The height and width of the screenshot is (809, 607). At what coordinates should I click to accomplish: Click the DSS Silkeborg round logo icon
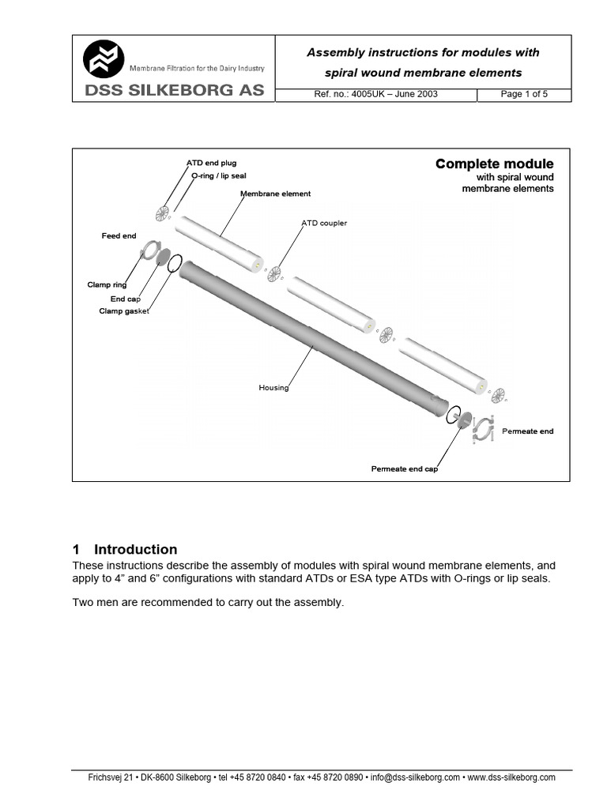point(104,58)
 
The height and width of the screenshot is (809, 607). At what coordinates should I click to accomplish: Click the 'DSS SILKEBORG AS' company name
point(175,90)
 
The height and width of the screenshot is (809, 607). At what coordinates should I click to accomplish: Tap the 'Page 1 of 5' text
point(524,94)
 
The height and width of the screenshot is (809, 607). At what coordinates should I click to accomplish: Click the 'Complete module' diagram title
point(494,164)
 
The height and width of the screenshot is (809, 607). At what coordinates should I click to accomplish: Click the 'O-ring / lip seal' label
point(219,175)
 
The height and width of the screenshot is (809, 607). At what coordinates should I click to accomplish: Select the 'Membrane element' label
point(275,194)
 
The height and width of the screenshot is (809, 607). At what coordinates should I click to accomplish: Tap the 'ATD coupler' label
point(324,223)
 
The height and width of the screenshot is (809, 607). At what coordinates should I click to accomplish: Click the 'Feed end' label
point(119,235)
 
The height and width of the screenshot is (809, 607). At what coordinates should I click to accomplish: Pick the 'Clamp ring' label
point(107,284)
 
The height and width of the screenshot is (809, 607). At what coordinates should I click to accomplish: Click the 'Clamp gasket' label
point(124,310)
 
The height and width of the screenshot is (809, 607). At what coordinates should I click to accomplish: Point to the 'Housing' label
point(273,387)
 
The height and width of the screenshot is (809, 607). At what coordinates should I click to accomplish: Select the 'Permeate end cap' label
point(404,468)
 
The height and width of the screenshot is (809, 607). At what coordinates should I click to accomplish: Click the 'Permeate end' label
point(527,431)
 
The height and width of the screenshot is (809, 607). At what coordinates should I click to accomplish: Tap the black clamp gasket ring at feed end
point(175,262)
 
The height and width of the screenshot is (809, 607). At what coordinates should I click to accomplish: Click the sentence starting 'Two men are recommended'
point(208,602)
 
